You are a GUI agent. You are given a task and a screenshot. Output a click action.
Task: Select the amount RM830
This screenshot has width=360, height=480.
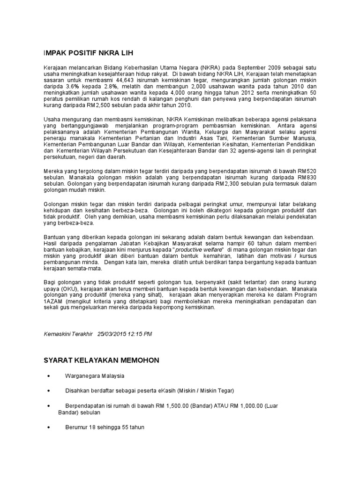pyautogui.click(x=307, y=178)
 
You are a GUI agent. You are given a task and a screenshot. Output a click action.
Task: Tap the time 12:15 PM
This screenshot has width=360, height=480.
pyautogui.click(x=142, y=334)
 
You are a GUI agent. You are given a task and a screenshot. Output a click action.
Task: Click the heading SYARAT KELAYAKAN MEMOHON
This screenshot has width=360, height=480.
pyautogui.click(x=101, y=360)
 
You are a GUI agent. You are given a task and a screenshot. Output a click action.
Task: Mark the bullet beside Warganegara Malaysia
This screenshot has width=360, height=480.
pyautogui.click(x=49, y=376)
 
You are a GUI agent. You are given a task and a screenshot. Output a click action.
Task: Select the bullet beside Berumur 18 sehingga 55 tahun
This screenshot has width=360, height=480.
pyautogui.click(x=49, y=427)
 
